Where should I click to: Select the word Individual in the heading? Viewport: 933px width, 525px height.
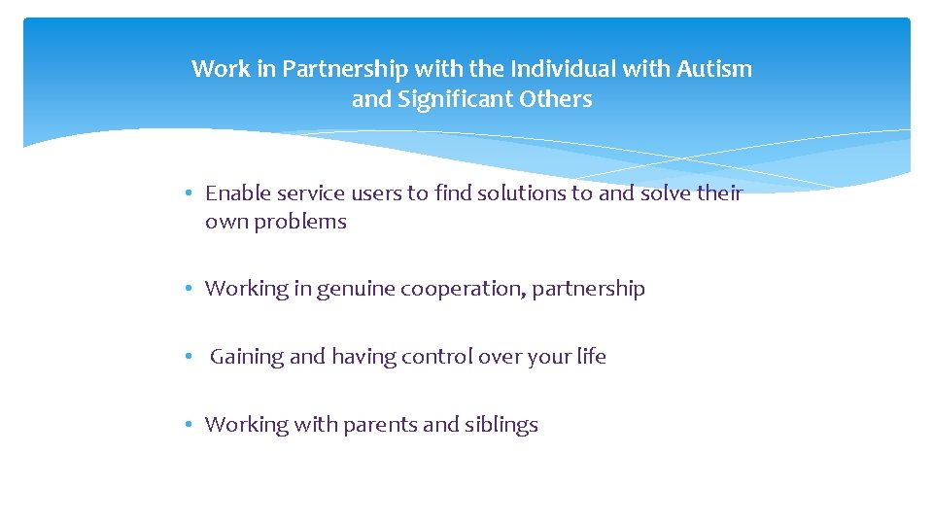coord(567,69)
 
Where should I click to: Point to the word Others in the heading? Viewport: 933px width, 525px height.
coord(556,99)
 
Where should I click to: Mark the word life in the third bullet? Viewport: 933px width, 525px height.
coord(591,357)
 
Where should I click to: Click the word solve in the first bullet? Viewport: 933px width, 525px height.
coord(665,193)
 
